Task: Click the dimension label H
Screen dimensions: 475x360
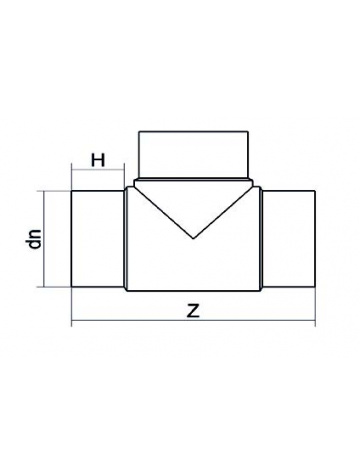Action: pyautogui.click(x=98, y=159)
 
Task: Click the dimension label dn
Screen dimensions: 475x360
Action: pyautogui.click(x=35, y=238)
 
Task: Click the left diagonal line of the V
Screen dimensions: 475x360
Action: pyautogui.click(x=162, y=210)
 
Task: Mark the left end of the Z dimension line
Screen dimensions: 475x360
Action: pyautogui.click(x=71, y=323)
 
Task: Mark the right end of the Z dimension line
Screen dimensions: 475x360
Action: pyautogui.click(x=315, y=323)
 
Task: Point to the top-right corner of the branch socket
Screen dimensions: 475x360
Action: pyautogui.click(x=247, y=132)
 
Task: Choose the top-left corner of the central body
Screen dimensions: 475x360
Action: pyautogui.click(x=125, y=183)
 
